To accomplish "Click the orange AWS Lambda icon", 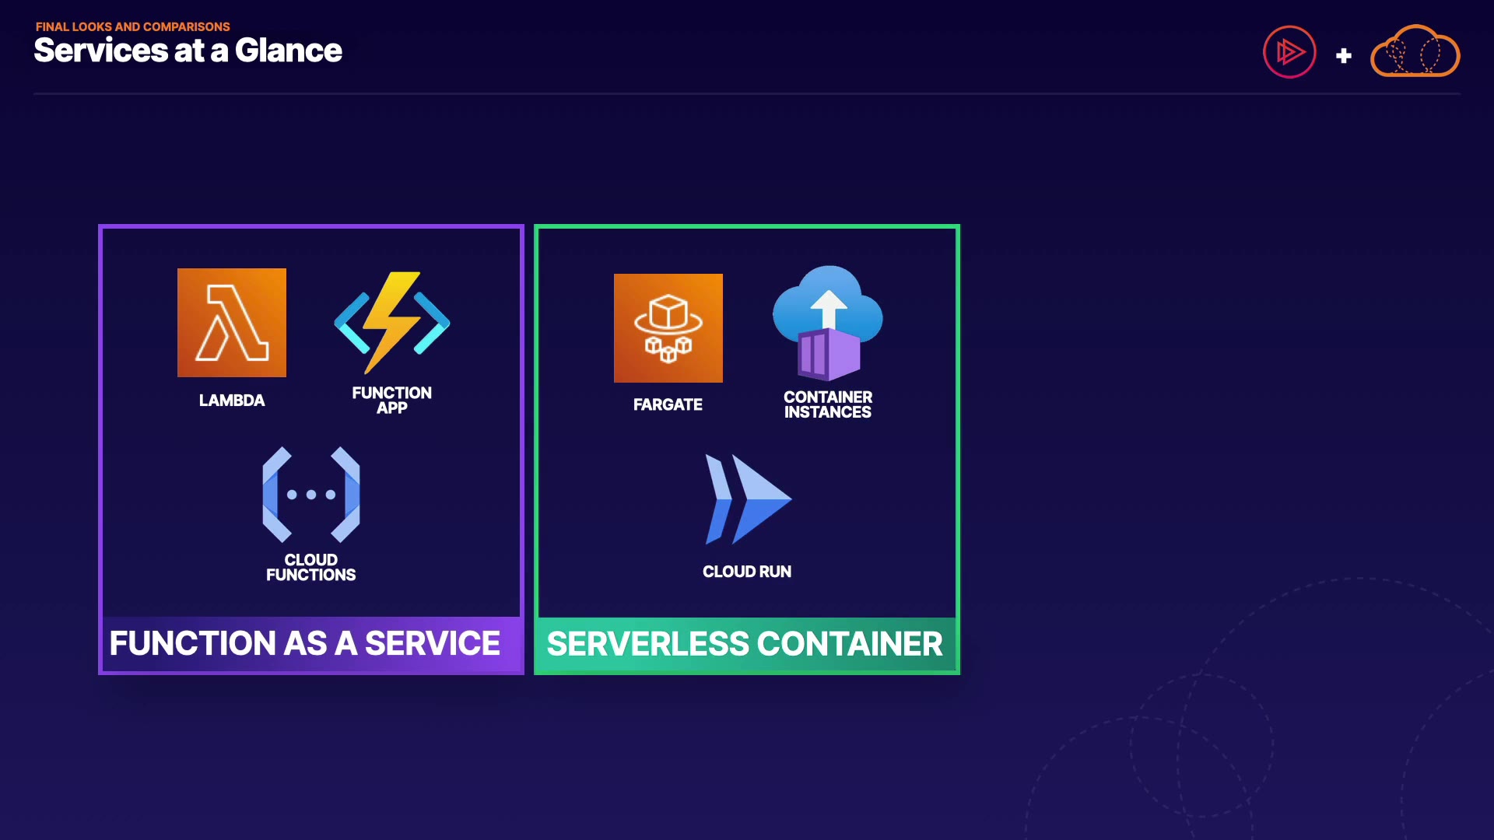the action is point(232,323).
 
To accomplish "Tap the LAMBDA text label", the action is point(232,401).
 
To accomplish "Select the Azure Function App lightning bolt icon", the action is point(392,322).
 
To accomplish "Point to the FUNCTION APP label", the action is point(392,400).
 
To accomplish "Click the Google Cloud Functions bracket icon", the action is point(311,495).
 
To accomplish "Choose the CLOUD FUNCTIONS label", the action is point(311,567).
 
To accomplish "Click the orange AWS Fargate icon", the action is point(668,328).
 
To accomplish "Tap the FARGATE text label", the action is point(668,404).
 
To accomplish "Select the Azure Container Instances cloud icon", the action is point(828,323).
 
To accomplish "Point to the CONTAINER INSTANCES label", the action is point(828,404).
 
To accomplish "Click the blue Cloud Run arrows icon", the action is point(748,499).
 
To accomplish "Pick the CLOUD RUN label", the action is point(747,572).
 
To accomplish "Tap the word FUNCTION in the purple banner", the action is point(192,643).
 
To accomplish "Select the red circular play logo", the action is point(1289,52).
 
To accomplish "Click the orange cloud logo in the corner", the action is point(1415,52).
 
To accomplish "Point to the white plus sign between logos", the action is point(1344,56).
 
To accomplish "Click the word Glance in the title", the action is point(289,51).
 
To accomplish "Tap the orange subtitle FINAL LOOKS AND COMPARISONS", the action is point(133,26).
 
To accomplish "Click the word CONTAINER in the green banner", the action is point(850,644).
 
